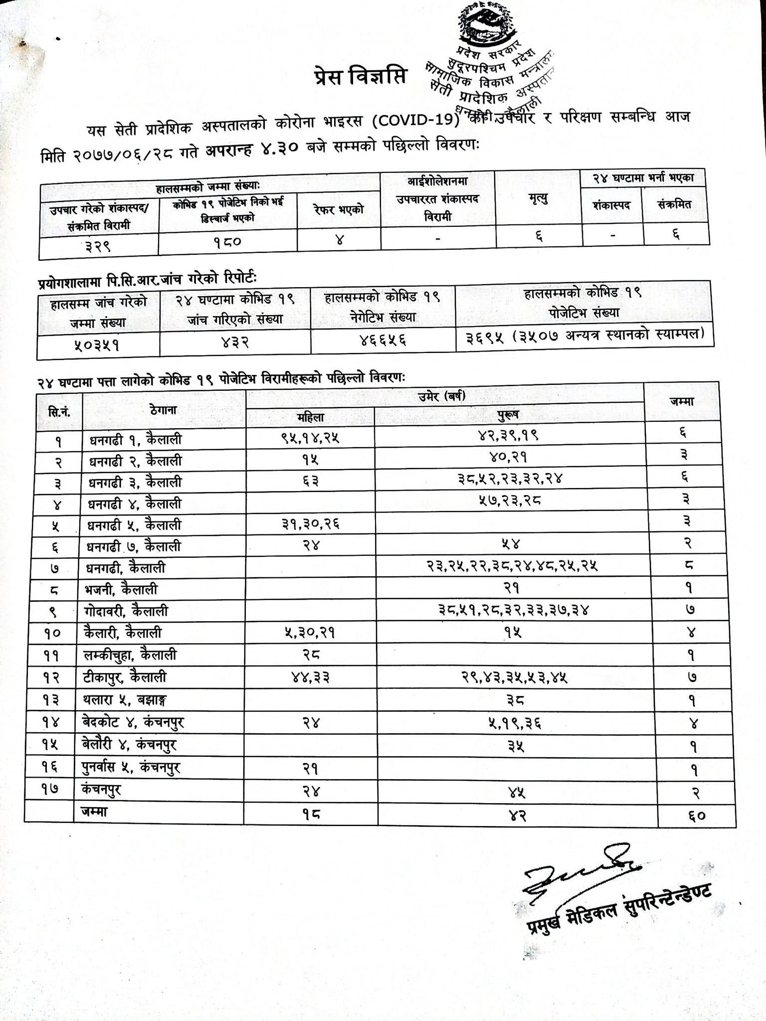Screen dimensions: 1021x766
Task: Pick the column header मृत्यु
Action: pyautogui.click(x=538, y=199)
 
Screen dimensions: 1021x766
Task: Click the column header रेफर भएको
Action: pyautogui.click(x=339, y=209)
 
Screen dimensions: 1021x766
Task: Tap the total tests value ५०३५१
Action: pyautogui.click(x=97, y=345)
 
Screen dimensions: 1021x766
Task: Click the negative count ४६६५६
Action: pyautogui.click(x=383, y=340)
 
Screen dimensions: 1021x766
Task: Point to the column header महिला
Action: pyautogui.click(x=310, y=418)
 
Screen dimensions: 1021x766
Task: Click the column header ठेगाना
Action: pyautogui.click(x=163, y=410)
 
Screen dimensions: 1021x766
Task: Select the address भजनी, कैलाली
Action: pyautogui.click(x=121, y=590)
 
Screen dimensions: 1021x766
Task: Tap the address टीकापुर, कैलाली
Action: pyautogui.click(x=125, y=677)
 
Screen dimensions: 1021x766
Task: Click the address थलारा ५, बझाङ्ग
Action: pyautogui.click(x=125, y=699)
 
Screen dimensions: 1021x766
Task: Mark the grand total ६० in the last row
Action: pyautogui.click(x=697, y=816)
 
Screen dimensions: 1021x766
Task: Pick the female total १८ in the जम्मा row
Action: pyautogui.click(x=311, y=814)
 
